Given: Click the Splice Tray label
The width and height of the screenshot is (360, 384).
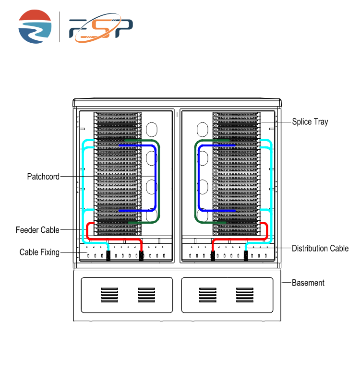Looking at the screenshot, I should click(x=310, y=122).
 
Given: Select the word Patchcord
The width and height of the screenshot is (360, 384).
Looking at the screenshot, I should click(x=43, y=177).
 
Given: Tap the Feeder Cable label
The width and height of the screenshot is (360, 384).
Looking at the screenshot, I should click(x=37, y=230).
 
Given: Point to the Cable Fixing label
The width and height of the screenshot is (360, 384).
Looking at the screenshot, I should click(x=39, y=252).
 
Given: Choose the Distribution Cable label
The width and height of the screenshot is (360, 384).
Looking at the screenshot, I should click(x=320, y=248).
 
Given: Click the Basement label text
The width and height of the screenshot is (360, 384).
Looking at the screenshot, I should click(x=308, y=283).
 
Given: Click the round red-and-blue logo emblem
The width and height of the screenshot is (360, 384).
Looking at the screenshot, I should click(x=35, y=27).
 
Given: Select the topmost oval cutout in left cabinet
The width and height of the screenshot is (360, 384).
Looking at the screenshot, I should click(x=151, y=130).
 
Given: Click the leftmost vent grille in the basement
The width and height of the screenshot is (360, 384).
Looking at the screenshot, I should click(x=109, y=295).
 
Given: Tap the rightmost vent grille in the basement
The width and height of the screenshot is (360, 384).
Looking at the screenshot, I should click(x=244, y=295).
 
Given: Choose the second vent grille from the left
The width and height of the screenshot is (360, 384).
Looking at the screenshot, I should click(x=146, y=295).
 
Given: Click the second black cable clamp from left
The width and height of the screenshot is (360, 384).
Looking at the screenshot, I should click(x=142, y=255).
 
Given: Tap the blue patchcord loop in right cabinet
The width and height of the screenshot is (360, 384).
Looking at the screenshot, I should click(x=200, y=178).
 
